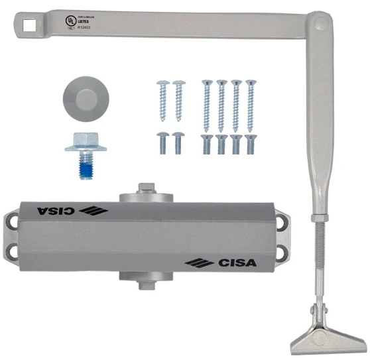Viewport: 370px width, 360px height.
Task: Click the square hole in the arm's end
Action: click(x=29, y=25)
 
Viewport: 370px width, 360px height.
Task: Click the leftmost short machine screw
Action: click(x=162, y=142)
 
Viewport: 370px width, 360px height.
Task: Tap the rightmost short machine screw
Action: click(x=250, y=143)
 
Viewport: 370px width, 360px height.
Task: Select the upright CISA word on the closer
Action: click(x=237, y=263)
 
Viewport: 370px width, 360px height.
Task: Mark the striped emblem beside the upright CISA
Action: click(x=200, y=263)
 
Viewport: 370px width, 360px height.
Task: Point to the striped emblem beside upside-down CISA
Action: click(x=93, y=211)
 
